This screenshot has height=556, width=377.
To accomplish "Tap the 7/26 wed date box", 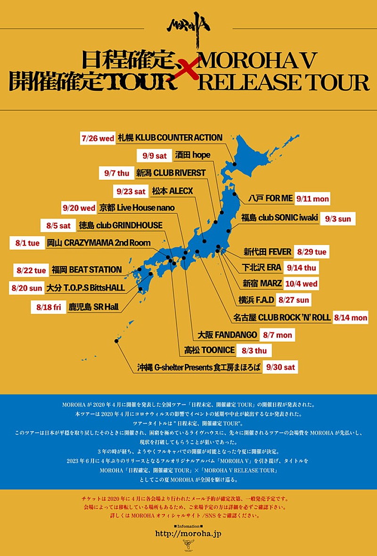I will click(x=98, y=138).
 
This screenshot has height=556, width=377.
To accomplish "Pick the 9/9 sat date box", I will click(x=154, y=155).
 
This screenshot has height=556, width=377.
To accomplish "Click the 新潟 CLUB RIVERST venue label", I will click(x=171, y=173).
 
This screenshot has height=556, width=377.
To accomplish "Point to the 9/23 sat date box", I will click(x=131, y=191).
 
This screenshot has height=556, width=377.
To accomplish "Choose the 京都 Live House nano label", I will click(x=137, y=208).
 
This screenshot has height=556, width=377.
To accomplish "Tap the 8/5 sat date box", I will click(x=58, y=226).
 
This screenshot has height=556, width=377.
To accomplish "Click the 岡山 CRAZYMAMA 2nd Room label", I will click(x=99, y=243).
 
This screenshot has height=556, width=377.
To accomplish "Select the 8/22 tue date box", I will click(x=31, y=270).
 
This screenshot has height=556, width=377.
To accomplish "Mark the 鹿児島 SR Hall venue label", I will click(x=93, y=307).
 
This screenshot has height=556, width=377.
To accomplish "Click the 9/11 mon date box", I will click(x=312, y=199).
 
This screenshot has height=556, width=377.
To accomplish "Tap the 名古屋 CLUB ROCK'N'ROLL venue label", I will click(x=282, y=317).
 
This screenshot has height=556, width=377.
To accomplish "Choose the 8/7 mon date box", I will click(x=278, y=335).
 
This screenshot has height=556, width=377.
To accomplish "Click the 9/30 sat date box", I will click(x=281, y=367).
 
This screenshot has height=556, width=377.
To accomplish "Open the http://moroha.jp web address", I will click(x=188, y=533).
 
